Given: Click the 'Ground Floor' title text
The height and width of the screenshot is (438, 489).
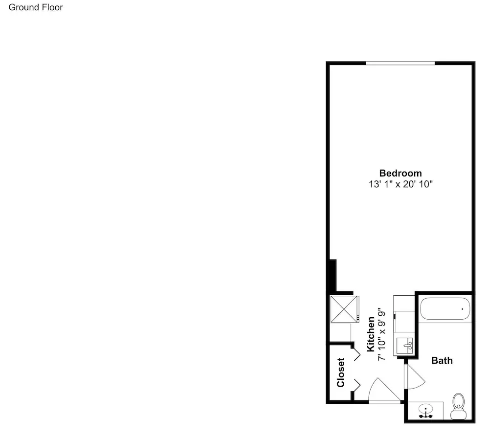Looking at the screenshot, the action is tap(36, 7).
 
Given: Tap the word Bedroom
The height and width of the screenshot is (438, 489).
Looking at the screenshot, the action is tap(400, 173).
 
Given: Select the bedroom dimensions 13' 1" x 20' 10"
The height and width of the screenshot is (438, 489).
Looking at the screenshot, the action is tap(401, 184).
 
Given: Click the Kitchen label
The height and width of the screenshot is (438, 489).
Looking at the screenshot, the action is tap(371, 334).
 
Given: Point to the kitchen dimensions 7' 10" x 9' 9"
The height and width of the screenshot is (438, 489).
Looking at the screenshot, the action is tap(381, 335).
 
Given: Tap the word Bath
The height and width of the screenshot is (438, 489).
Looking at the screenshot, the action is tap(442, 360).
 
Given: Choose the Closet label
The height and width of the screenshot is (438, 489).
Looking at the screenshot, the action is tap(340, 372).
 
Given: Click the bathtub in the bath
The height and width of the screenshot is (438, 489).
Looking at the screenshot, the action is tap(445, 308).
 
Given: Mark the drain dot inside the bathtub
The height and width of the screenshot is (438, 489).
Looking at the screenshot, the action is tap(462, 309).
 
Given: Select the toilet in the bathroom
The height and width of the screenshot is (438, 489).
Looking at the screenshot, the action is tap(459, 406).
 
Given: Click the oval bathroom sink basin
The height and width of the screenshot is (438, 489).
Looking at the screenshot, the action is tap(425, 408).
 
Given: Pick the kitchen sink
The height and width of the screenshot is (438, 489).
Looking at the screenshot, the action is tap(404, 346).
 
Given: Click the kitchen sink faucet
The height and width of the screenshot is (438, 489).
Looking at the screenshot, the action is tap(408, 346).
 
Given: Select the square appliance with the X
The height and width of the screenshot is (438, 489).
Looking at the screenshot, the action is tap(344, 309).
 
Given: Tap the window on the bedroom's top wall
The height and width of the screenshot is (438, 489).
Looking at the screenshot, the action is tap(400, 63).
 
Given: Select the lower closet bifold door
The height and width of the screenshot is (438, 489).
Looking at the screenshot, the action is tap(357, 386).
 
